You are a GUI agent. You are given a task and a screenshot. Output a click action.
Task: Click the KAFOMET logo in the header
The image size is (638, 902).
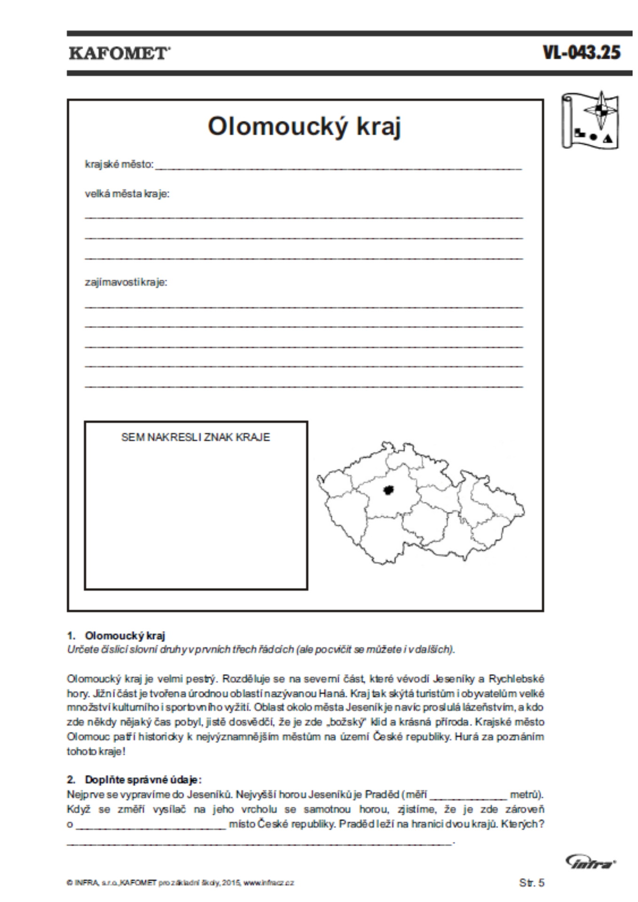click(119, 53)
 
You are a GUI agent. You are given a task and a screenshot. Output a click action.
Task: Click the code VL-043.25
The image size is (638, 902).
click(582, 52)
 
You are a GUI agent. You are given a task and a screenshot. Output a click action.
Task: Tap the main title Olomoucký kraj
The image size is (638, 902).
click(304, 126)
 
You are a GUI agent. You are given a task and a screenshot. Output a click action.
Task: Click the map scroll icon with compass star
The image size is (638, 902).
click(590, 120)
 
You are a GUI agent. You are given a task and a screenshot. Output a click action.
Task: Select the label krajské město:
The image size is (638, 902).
click(119, 164)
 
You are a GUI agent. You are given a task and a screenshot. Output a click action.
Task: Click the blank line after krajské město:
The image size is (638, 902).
click(339, 166)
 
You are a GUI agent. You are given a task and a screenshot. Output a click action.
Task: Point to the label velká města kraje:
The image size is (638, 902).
click(127, 194)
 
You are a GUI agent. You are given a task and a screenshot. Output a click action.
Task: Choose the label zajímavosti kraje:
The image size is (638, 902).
click(126, 282)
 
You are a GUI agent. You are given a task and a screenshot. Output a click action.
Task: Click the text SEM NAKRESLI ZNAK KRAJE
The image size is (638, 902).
click(196, 437)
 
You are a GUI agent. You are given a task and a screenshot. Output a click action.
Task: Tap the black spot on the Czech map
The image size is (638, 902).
click(388, 490)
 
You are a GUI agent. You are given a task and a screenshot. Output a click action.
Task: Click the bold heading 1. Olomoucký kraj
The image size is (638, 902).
click(116, 636)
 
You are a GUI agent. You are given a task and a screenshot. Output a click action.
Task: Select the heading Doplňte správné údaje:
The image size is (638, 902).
click(143, 779)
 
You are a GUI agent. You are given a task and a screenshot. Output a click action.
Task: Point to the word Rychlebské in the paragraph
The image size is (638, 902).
click(516, 679)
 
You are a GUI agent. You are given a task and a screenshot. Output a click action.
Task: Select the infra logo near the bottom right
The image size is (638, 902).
click(591, 862)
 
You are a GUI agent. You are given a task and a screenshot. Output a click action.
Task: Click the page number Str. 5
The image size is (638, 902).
click(532, 883)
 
